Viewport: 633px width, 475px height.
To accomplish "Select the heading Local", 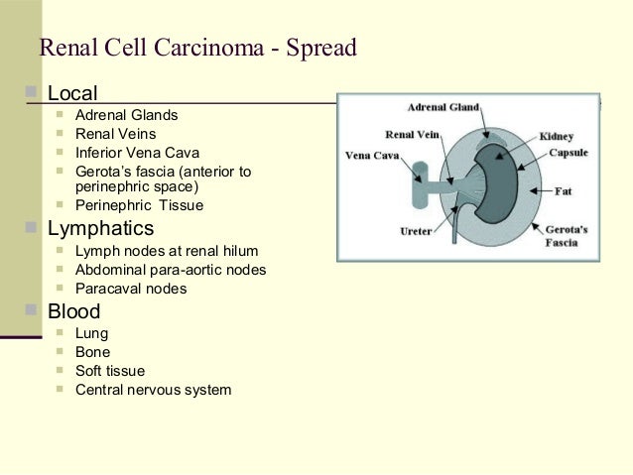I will coord(72,94).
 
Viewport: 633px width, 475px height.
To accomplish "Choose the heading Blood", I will coord(73,311).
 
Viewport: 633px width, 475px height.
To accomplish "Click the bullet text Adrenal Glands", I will coord(127,116).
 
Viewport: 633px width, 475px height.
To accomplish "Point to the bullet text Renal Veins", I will coord(115,134).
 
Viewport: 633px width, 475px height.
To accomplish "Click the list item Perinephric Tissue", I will coord(139,205).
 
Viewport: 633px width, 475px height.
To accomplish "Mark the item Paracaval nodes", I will coord(131,289).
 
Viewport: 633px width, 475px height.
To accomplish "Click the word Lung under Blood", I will coord(92,333).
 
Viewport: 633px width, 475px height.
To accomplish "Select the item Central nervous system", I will coord(153,390).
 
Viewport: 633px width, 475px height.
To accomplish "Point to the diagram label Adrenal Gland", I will coord(448,106).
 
